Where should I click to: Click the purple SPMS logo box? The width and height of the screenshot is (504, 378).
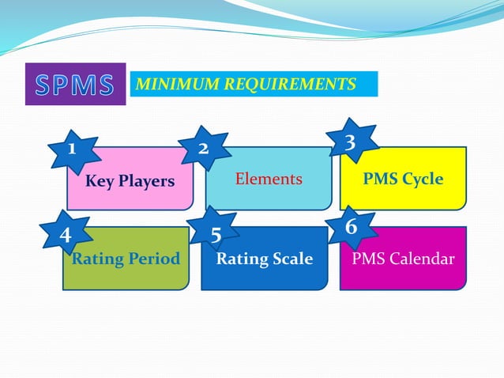[76, 84]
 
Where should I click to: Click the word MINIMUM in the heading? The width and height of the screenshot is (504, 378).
[171, 84]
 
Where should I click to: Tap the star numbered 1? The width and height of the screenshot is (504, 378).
[72, 148]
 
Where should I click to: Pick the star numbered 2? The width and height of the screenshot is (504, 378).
[203, 148]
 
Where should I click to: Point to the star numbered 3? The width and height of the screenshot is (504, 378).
[350, 142]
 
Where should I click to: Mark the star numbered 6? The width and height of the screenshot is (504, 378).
[352, 227]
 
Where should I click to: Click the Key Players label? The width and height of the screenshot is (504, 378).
[130, 181]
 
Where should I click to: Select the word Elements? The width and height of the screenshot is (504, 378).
[269, 180]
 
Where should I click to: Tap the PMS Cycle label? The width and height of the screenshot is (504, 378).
[403, 179]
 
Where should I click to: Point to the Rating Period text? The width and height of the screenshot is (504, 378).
[126, 259]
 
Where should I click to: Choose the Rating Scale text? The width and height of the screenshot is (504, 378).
[265, 259]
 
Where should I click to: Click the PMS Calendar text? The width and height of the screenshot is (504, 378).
[403, 259]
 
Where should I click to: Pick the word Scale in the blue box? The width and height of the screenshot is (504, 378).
[290, 259]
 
